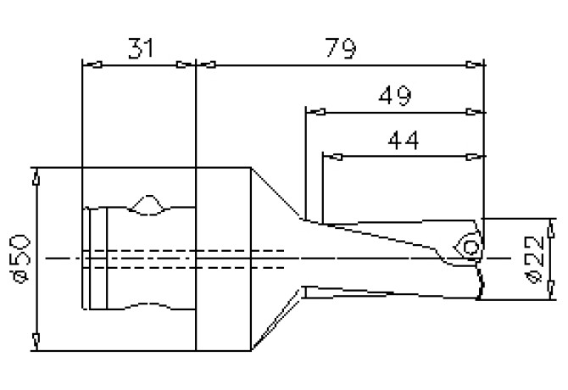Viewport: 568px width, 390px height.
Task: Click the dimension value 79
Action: coord(339,48)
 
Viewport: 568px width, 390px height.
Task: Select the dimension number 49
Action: coord(394,95)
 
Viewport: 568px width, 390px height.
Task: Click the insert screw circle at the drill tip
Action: coord(470,246)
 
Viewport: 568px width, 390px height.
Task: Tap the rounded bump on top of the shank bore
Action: coord(148,204)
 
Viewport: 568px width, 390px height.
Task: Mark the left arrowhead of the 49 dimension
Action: coord(315,111)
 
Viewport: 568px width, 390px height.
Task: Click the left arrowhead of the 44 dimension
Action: coord(331,156)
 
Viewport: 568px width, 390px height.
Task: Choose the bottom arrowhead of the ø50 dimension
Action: coord(36,341)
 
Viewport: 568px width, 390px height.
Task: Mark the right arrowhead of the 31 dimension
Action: coord(185,64)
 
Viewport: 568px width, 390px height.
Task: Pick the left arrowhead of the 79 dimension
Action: coord(206,64)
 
